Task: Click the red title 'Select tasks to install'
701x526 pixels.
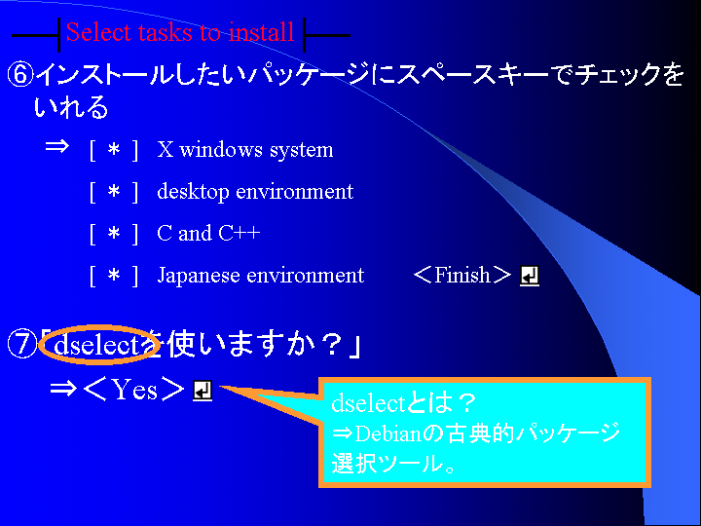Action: (x=180, y=32)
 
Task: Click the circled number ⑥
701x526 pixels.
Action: (x=20, y=75)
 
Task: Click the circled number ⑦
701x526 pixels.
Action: (x=21, y=345)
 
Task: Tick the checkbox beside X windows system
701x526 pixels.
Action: (x=114, y=150)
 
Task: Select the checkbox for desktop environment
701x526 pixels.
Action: (x=114, y=192)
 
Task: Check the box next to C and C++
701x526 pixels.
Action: (x=114, y=234)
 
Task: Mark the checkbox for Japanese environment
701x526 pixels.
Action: (x=114, y=275)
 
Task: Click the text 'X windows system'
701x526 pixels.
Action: (x=245, y=150)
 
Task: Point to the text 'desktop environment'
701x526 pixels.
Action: (x=255, y=192)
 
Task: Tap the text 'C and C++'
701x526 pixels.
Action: (x=208, y=233)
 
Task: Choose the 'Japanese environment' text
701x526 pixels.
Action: (x=261, y=275)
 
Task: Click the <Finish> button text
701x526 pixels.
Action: (x=462, y=275)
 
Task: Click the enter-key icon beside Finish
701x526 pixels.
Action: (x=530, y=276)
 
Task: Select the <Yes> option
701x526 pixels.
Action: (x=134, y=390)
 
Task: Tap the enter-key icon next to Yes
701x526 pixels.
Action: (x=203, y=391)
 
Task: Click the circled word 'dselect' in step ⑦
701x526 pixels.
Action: (x=98, y=345)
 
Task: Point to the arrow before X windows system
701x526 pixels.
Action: (x=57, y=146)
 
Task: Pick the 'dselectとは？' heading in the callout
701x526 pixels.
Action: (x=404, y=403)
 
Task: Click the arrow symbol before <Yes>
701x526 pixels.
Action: (x=63, y=389)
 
